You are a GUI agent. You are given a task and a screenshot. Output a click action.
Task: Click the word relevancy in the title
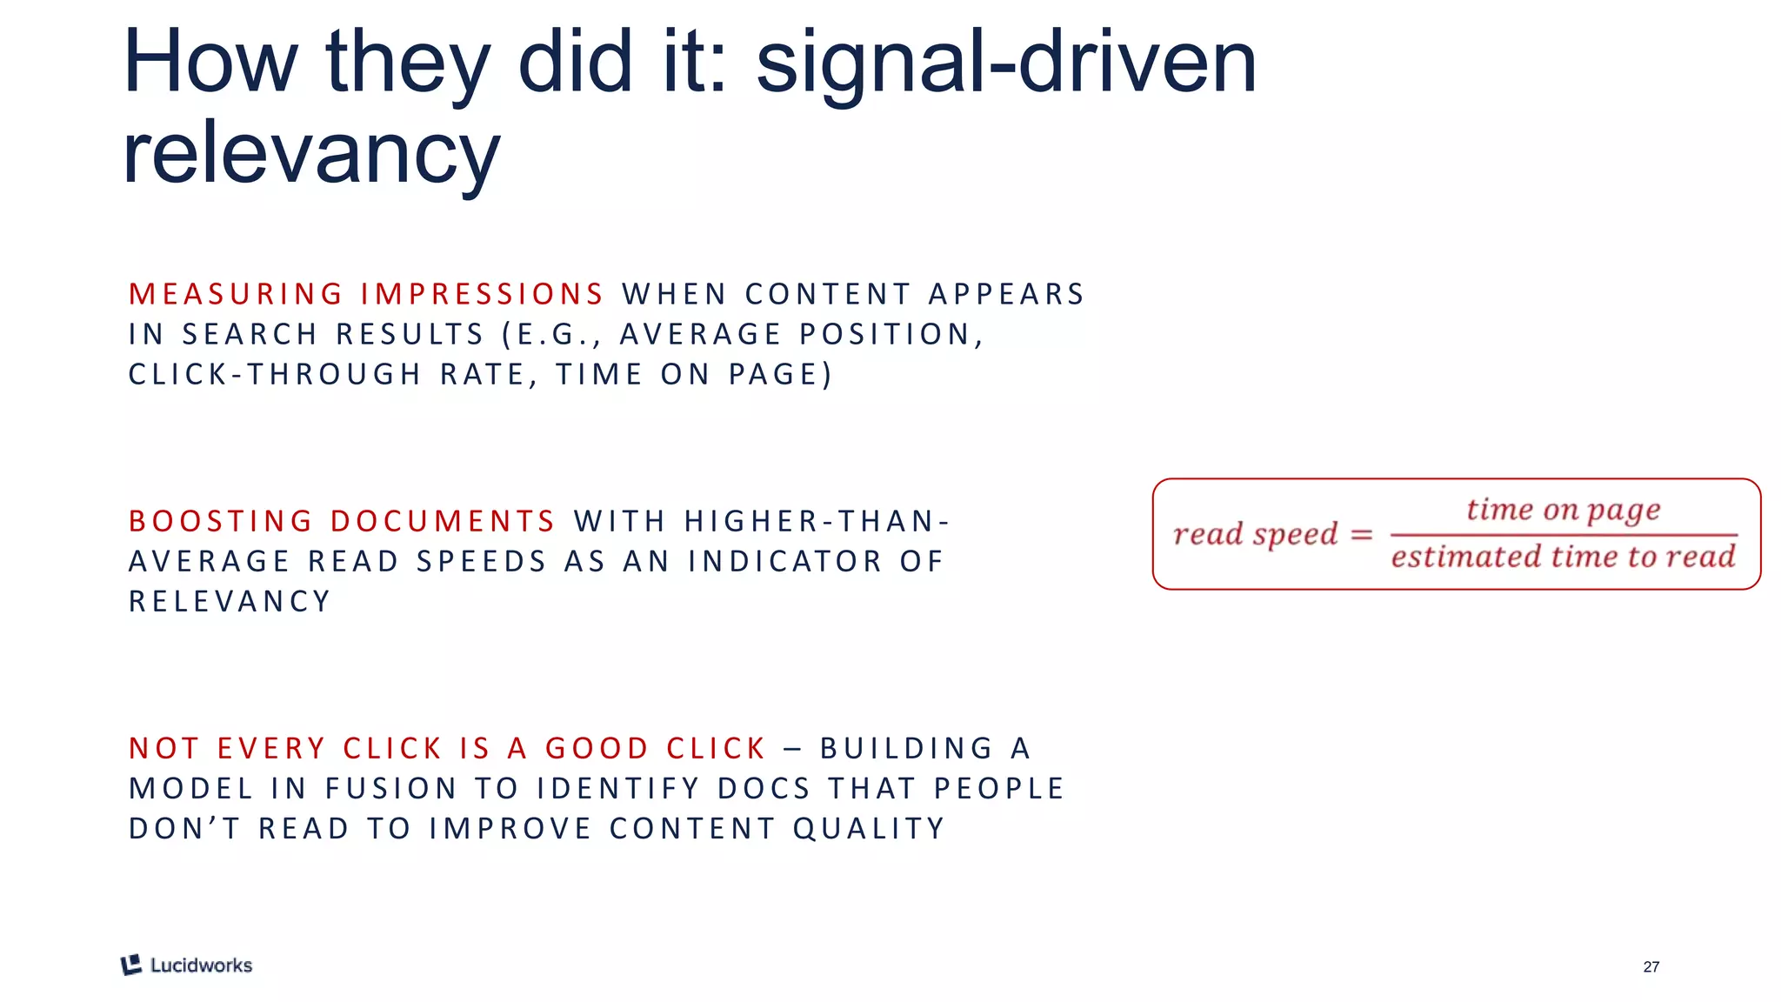311,154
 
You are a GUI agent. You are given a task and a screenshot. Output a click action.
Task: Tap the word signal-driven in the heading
1006,63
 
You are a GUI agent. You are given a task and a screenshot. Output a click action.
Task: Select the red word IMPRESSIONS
482,294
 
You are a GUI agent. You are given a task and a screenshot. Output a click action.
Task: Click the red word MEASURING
236,294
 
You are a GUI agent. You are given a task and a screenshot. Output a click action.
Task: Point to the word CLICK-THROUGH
275,374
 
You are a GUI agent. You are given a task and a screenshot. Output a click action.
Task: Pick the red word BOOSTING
221,521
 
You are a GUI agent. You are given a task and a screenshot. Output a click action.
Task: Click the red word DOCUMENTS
443,521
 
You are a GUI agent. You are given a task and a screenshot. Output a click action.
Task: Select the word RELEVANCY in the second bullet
230,601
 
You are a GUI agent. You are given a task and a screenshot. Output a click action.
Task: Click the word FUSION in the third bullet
391,788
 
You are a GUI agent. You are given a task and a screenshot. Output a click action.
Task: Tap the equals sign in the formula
1361,534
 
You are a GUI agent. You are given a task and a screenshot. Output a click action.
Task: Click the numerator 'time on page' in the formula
1563,510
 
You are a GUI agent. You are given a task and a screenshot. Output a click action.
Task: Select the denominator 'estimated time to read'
1563,557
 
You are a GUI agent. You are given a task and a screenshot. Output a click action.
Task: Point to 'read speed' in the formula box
1255,534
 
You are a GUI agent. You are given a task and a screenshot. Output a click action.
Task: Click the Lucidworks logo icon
131,965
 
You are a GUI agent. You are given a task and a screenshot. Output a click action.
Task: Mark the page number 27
1651,966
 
